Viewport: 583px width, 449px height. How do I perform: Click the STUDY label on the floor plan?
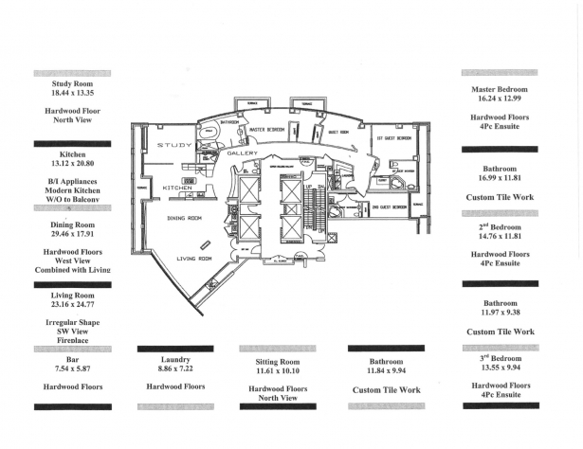click(174, 144)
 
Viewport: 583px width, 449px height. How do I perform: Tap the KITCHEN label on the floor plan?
click(177, 188)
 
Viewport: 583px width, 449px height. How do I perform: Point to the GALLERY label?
click(243, 153)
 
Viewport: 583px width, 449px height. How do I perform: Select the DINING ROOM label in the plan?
click(184, 218)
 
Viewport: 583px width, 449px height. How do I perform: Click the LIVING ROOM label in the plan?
click(194, 257)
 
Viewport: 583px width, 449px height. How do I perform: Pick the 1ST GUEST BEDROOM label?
click(393, 138)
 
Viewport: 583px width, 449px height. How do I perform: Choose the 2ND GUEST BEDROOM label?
click(390, 207)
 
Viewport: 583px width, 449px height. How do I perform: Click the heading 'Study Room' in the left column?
click(72, 84)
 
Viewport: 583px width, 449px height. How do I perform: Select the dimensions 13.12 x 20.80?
click(72, 163)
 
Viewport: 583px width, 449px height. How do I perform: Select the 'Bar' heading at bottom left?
click(72, 361)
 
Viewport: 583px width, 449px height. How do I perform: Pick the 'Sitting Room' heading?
click(277, 363)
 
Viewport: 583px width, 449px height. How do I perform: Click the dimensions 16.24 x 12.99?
click(500, 99)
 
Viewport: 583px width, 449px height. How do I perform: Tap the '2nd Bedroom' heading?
click(500, 229)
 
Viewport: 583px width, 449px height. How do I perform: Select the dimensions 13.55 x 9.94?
click(500, 369)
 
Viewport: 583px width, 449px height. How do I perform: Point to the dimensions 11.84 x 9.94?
click(386, 372)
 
